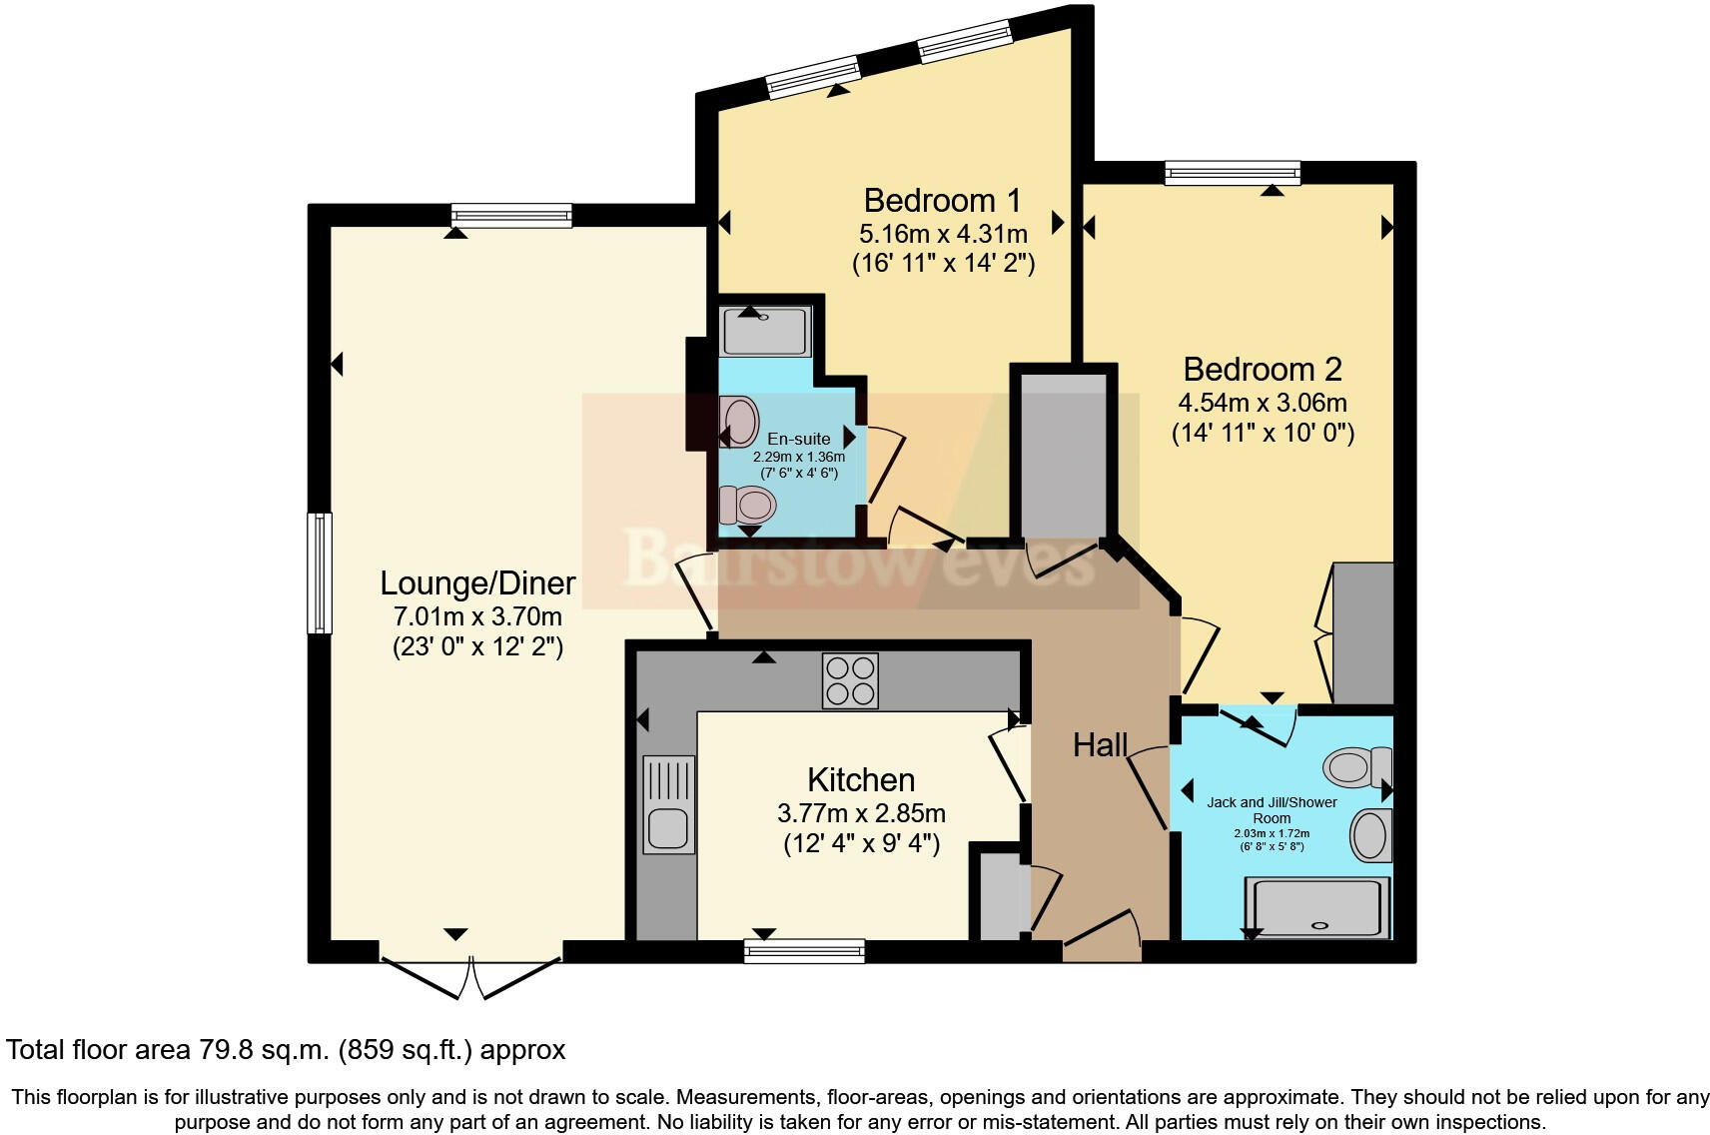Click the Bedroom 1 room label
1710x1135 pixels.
point(942,201)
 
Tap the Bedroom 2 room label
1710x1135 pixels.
point(1262,370)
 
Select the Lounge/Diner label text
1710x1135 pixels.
point(477,582)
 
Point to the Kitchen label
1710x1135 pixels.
point(860,779)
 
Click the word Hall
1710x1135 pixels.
point(1100,744)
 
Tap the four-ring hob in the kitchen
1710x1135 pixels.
point(850,680)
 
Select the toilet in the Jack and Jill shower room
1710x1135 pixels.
point(1355,767)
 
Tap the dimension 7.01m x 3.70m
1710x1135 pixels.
point(477,615)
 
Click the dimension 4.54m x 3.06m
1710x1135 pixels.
point(1262,404)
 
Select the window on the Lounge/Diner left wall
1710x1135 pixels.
point(319,572)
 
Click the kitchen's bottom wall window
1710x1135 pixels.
point(804,950)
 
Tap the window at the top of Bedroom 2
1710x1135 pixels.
point(1233,173)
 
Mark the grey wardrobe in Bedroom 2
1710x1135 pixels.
point(1362,633)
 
